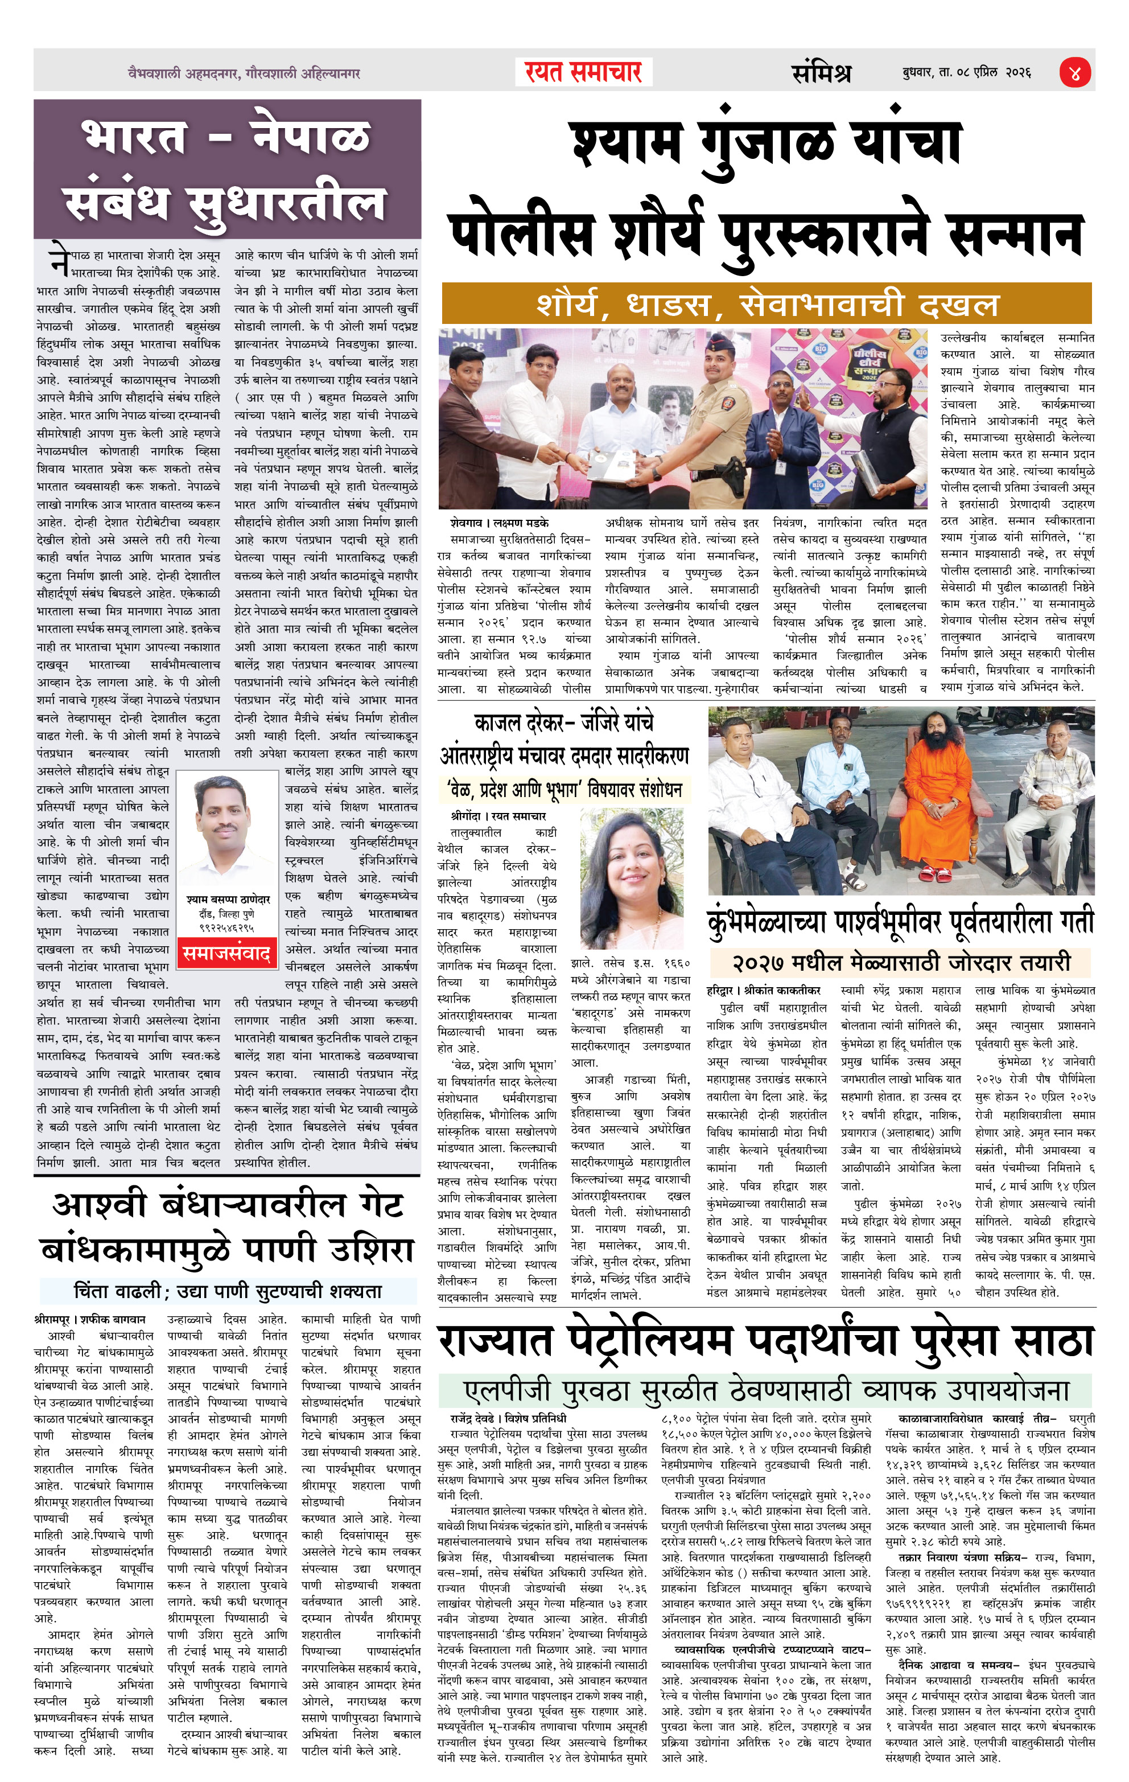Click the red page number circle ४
[x=1074, y=72]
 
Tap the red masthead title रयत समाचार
[x=583, y=72]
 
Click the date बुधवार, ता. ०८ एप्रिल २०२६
[x=966, y=72]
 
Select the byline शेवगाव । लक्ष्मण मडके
[x=500, y=523]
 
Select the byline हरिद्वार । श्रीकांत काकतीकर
[x=764, y=990]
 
